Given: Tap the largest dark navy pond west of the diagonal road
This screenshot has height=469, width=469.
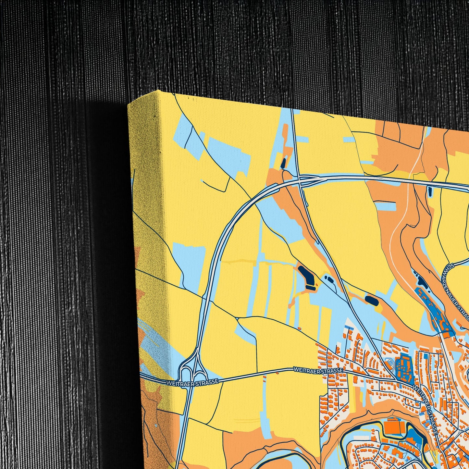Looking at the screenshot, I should tap(307, 275).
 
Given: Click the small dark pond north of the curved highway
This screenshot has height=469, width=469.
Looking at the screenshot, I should tap(283, 163).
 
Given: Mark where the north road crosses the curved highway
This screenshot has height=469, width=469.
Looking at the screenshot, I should tap(299, 179).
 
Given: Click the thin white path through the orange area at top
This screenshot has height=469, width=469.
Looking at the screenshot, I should tap(406, 208).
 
